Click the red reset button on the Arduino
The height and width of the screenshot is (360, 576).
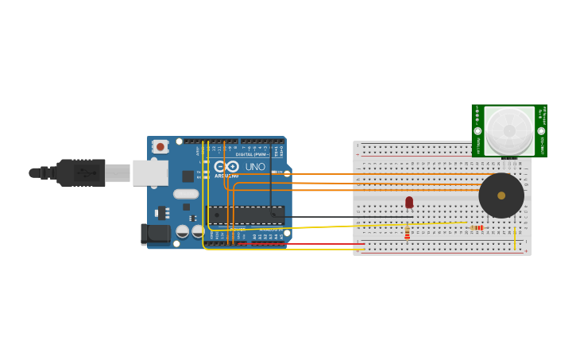tap(160, 147)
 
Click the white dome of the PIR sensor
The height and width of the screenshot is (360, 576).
tap(509, 130)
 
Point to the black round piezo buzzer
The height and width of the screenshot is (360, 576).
tap(501, 195)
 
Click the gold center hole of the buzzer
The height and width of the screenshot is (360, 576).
tap(501, 195)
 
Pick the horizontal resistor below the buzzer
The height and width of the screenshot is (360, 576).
tap(477, 228)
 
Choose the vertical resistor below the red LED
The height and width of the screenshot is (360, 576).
tap(408, 233)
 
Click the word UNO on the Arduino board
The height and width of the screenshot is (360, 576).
tap(255, 167)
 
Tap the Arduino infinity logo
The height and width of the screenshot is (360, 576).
tap(226, 167)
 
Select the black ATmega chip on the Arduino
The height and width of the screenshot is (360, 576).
tap(245, 215)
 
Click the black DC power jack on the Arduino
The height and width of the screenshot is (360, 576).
tap(156, 234)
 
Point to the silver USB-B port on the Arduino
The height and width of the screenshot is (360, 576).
tap(150, 172)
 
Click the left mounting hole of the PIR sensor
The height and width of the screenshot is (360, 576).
tap(477, 131)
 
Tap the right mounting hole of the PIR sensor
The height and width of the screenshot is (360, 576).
tap(541, 131)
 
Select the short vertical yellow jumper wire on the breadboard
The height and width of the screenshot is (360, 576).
tap(516, 238)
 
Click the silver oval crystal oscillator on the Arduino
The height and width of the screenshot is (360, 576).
tap(186, 194)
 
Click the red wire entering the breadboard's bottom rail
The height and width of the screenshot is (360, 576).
tap(334, 244)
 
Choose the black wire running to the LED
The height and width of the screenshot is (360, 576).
tap(342, 217)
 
